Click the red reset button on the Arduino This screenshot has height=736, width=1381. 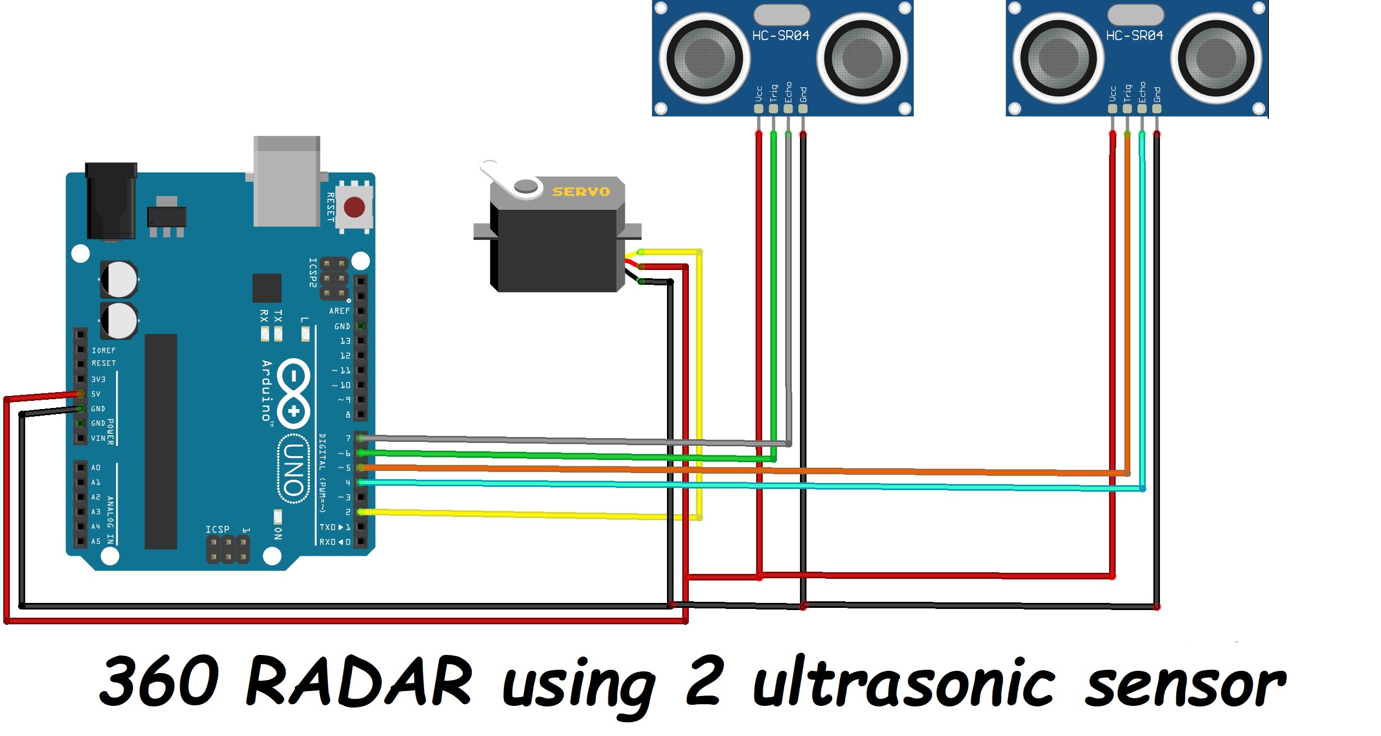[354, 207]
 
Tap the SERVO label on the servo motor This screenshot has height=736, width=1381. [581, 192]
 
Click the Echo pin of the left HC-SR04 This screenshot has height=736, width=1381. [788, 108]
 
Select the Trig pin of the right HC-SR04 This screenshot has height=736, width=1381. [1127, 108]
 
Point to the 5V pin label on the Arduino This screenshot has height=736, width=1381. [96, 394]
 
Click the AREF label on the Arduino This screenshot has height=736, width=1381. [339, 311]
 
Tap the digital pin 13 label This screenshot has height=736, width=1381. [345, 341]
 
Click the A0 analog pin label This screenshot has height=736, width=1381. [96, 468]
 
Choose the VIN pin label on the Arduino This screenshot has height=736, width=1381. [98, 438]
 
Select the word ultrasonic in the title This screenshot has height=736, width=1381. [903, 682]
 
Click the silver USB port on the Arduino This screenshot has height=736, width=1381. [286, 181]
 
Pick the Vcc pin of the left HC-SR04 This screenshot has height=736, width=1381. [758, 108]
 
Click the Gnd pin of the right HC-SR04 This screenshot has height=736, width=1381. [1157, 108]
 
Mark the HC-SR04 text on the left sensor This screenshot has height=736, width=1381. [781, 36]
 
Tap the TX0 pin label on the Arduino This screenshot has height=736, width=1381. [328, 527]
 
